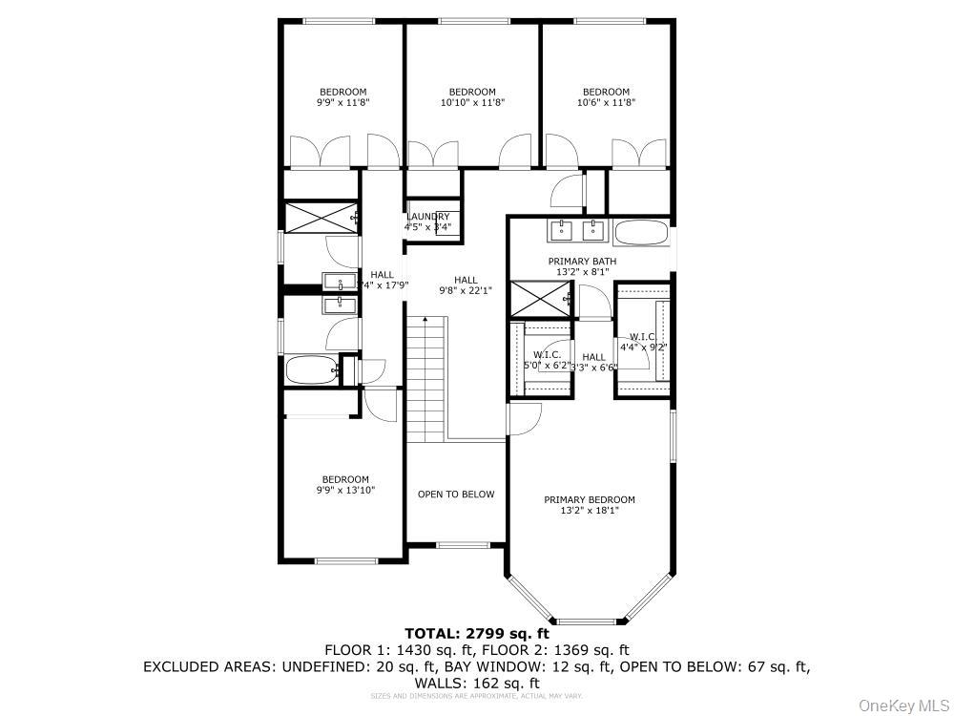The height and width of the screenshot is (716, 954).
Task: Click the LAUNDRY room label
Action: (427, 217)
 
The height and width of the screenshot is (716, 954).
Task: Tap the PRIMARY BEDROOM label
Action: (589, 499)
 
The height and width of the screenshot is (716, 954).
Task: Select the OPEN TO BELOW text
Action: (456, 494)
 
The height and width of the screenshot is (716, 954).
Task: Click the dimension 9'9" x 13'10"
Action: (344, 490)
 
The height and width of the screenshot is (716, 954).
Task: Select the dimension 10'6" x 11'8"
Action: (606, 102)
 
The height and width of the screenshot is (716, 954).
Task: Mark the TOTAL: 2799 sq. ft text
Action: (477, 633)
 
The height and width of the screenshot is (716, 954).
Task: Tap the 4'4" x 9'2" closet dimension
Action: (642, 347)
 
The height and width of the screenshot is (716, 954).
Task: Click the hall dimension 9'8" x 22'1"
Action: (465, 290)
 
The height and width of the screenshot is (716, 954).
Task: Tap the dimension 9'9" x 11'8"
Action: (342, 102)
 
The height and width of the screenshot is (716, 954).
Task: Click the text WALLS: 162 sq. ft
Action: (477, 684)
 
